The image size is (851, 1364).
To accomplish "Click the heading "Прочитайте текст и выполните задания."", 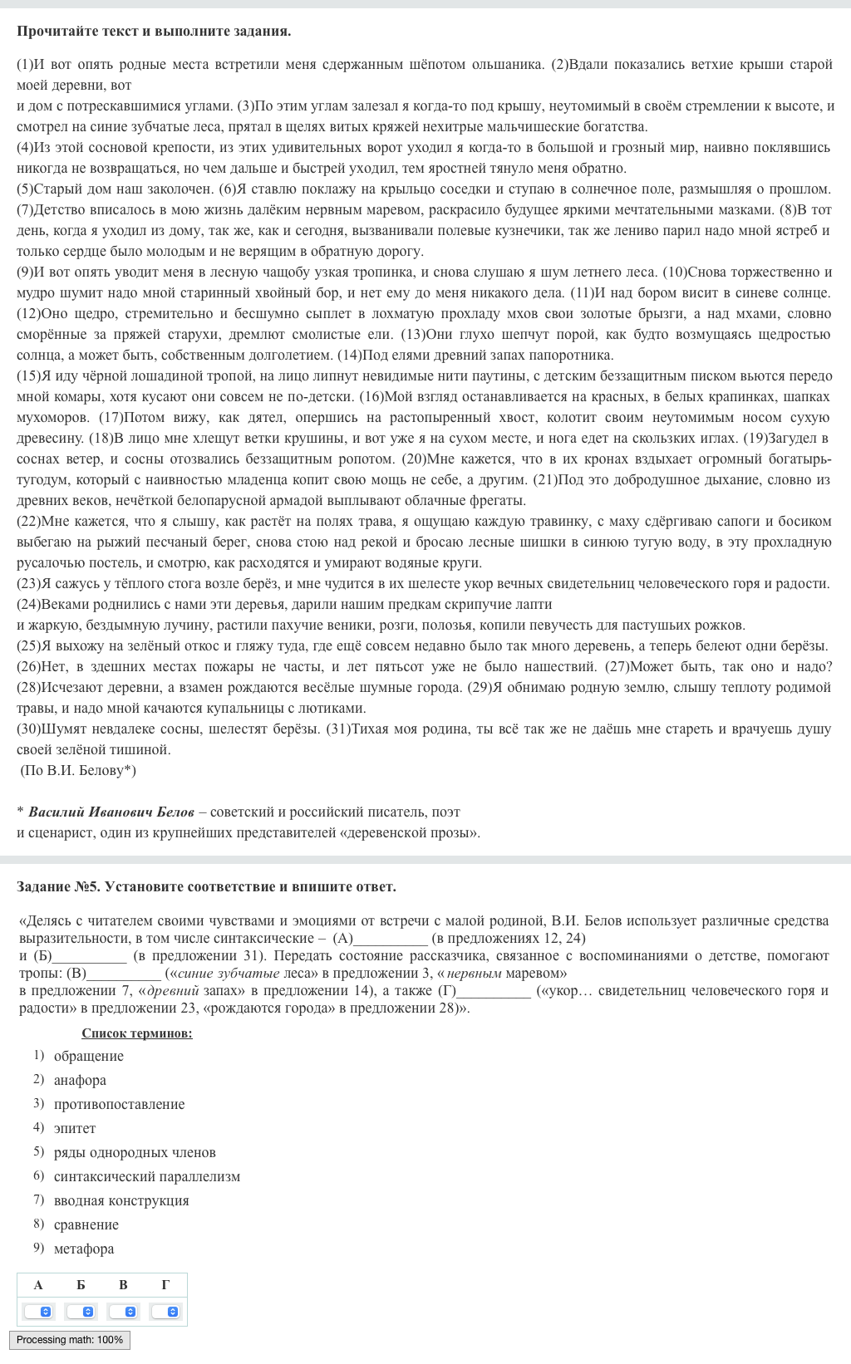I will click(x=154, y=32).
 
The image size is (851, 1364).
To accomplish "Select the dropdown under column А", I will click(x=38, y=1312).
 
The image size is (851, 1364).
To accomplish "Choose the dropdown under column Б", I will click(x=81, y=1312).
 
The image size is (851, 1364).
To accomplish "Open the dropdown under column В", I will click(x=123, y=1312).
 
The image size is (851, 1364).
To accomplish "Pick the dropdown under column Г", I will click(x=165, y=1312).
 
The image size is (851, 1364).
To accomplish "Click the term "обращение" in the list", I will click(x=88, y=1056).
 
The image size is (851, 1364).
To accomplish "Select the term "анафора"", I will click(x=80, y=1080).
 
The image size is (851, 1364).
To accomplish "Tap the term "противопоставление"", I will click(x=119, y=1104).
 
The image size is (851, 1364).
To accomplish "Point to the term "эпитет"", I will click(x=75, y=1128).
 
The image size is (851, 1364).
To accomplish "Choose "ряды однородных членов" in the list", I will click(x=135, y=1152).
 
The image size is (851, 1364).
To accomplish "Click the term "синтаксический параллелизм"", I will click(x=146, y=1176).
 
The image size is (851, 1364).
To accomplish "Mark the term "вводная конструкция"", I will click(x=121, y=1200).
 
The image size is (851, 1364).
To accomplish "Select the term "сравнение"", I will click(x=86, y=1224).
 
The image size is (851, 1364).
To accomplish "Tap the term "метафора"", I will click(x=84, y=1249).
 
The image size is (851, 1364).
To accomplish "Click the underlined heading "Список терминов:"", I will click(x=137, y=1033).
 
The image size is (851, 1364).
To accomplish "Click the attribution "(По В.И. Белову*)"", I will click(x=78, y=770).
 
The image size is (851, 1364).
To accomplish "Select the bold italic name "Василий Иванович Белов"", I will click(x=111, y=812).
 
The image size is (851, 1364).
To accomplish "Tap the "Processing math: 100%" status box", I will click(x=70, y=1340).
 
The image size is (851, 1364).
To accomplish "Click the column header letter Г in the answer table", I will click(x=165, y=1285).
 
